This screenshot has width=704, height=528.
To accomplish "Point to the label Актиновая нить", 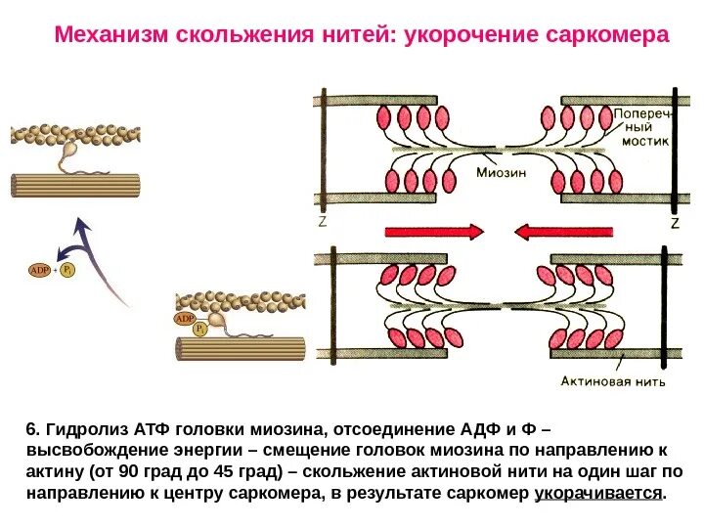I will point(614,381).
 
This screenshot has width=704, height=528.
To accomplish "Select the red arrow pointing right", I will point(435,232).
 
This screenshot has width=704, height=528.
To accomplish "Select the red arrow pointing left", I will point(563,232).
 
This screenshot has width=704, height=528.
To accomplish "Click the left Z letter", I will point(322,222).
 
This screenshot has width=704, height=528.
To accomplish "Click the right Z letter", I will point(674,223).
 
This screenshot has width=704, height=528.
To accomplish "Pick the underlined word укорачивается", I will point(598,493).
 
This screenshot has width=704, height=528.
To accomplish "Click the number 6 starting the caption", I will point(30,429).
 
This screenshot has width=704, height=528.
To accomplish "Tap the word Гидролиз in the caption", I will point(80,429).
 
